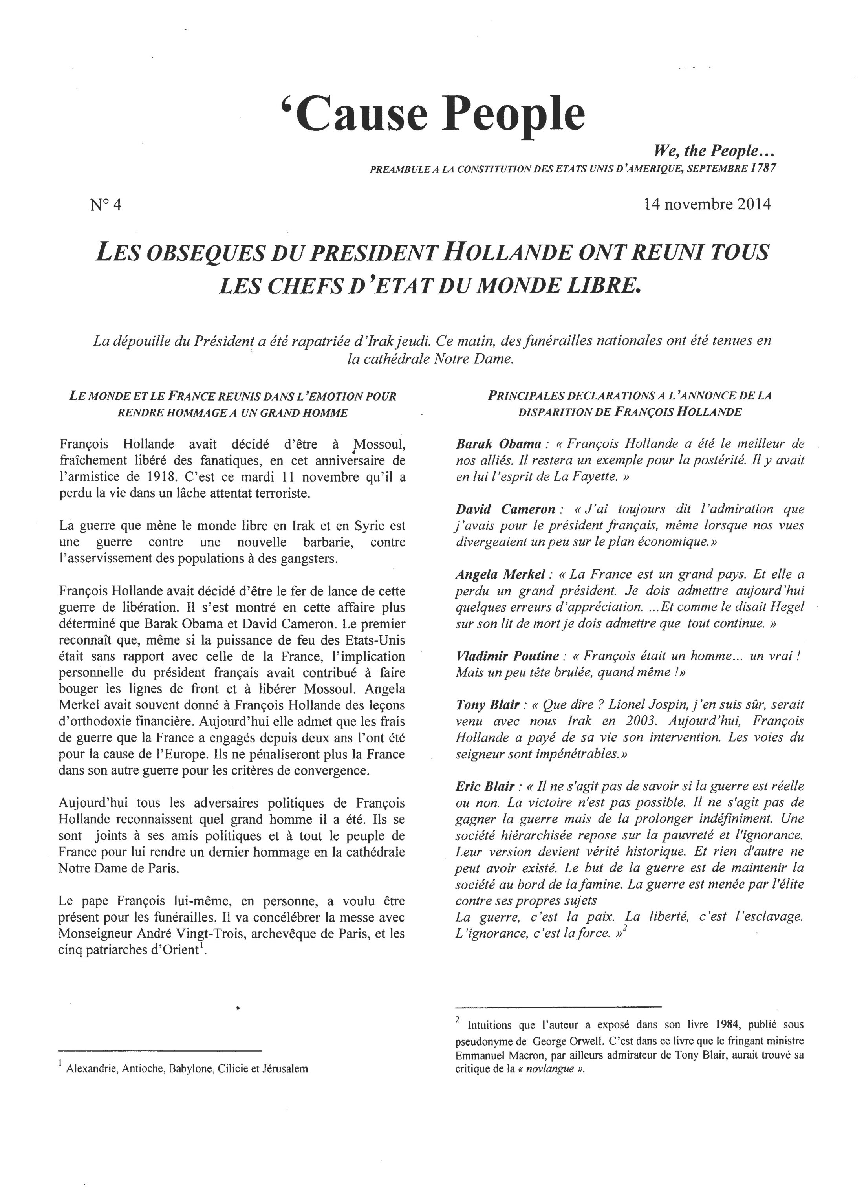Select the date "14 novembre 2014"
(707, 204)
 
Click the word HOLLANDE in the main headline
(507, 252)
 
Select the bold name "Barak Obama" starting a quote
(498, 444)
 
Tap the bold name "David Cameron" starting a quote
(505, 509)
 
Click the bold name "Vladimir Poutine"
(507, 656)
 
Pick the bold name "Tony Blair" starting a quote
(488, 705)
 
